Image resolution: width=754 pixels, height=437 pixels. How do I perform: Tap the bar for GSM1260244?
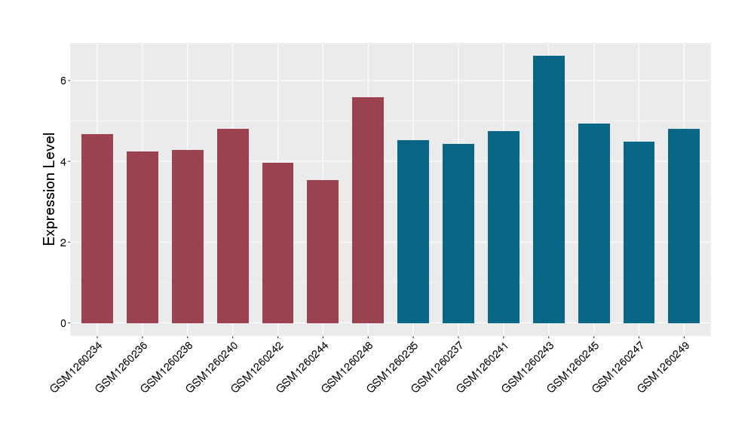click(x=323, y=252)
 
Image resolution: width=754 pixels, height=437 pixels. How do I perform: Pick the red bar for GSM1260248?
click(x=368, y=210)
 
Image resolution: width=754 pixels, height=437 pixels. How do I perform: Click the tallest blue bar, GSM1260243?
click(x=549, y=189)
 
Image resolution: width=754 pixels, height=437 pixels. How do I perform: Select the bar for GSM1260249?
click(x=684, y=226)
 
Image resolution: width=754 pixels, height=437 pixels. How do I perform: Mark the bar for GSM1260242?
click(x=277, y=243)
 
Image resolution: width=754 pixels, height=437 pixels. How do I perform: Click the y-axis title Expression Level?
click(x=50, y=189)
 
